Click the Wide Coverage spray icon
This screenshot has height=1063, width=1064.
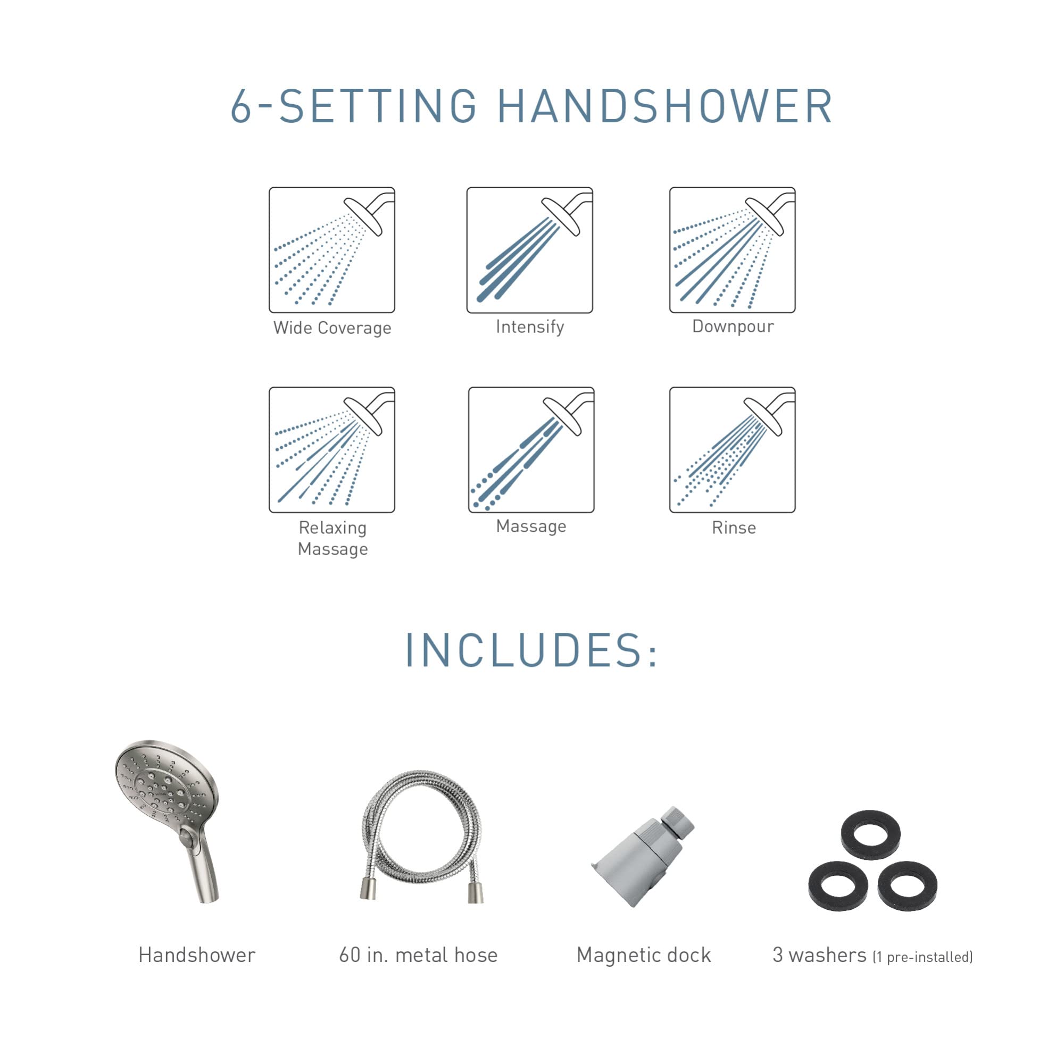pos(331,250)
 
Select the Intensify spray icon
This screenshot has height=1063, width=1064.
pos(529,250)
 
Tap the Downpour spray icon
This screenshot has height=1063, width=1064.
pos(732,250)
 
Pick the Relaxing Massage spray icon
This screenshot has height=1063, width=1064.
pos(331,450)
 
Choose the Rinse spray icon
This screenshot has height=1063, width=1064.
pos(732,450)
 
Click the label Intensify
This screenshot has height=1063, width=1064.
pos(530,327)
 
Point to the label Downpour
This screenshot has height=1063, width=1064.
pos(733,327)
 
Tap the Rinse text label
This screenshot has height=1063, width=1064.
pos(734,528)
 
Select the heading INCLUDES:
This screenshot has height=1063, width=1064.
pos(531,651)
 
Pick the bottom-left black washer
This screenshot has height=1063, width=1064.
pos(838,886)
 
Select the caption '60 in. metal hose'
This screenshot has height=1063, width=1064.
pos(418,955)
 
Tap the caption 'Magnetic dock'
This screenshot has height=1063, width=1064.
pos(643,955)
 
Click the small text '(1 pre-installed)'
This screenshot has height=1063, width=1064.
pos(922,957)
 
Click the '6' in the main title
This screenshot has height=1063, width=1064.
pos(240,106)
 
